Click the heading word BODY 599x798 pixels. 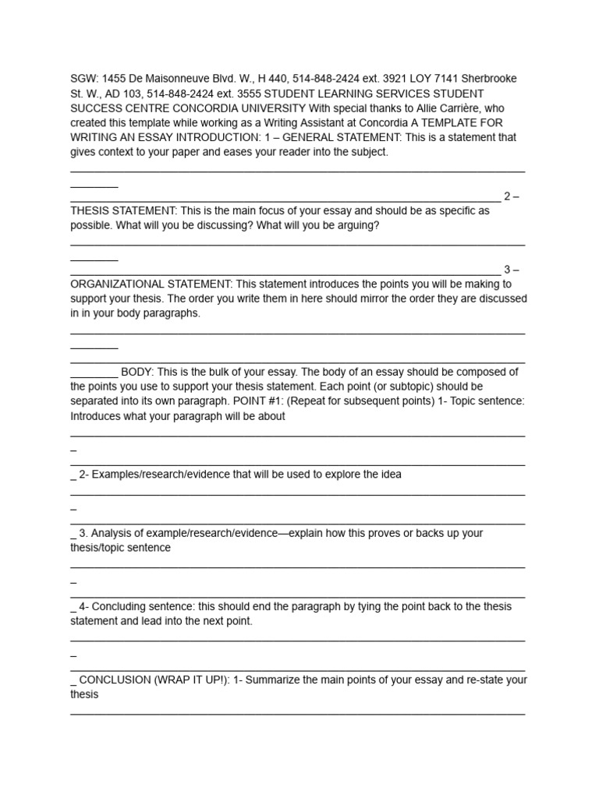pos(137,373)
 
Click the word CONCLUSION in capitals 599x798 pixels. pos(115,680)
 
